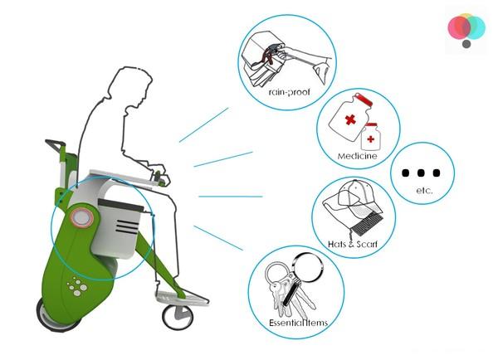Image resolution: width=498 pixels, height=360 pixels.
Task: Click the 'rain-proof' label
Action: [x=289, y=92]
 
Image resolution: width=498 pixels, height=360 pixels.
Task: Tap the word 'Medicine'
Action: [x=357, y=156]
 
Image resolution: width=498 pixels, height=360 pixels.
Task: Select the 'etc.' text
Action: [x=424, y=190]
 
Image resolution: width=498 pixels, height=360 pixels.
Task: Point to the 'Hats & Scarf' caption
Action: [x=353, y=244]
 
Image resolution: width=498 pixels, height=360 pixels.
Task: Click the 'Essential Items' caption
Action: [x=298, y=323]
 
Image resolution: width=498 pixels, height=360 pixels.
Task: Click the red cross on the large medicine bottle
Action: [x=350, y=119]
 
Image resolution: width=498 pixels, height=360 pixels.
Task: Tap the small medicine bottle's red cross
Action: [x=370, y=139]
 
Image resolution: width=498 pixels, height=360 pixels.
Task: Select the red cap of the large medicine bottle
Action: [x=364, y=100]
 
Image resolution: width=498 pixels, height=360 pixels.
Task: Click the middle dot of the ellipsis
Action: [x=421, y=173]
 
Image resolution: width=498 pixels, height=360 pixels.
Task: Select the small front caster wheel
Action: [x=178, y=317]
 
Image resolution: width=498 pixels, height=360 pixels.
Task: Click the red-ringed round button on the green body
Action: [x=82, y=218]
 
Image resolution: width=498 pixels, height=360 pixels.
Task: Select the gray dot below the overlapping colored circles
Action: [x=466, y=44]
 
